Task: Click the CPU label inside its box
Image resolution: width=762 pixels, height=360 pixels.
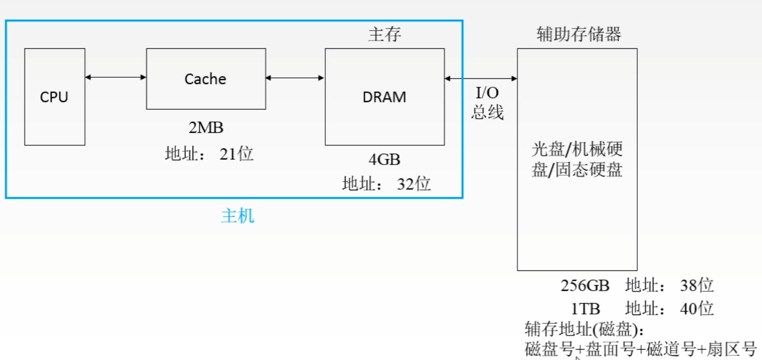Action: point(54,97)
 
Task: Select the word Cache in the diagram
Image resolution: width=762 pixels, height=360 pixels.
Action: point(205,79)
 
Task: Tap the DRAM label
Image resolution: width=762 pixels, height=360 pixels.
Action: point(384,97)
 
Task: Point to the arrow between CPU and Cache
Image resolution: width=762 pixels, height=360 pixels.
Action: point(116,77)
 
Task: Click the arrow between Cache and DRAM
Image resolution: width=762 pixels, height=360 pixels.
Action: point(295,78)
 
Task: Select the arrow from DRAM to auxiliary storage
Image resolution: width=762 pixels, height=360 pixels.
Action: point(481,78)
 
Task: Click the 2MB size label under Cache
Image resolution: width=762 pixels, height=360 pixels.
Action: point(206,128)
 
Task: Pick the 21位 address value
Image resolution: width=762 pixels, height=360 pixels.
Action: point(236,154)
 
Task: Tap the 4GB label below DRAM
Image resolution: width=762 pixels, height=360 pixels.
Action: point(384,159)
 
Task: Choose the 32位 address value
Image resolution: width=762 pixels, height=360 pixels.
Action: point(413,184)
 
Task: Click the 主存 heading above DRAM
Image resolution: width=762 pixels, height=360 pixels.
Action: point(385,34)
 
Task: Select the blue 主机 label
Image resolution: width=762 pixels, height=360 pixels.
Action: point(238,216)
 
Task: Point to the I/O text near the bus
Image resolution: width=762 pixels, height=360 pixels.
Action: point(487,92)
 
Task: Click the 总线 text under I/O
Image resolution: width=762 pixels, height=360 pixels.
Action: point(487,112)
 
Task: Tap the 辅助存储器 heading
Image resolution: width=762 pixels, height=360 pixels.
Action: point(578,34)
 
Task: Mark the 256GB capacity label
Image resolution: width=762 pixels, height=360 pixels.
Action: point(585,286)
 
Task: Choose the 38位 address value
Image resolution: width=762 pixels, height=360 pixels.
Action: point(697,285)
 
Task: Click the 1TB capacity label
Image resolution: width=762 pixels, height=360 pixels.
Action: point(585,309)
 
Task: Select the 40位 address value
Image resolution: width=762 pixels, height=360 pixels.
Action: point(697,309)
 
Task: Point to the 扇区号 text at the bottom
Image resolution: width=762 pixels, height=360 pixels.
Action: point(731,349)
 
